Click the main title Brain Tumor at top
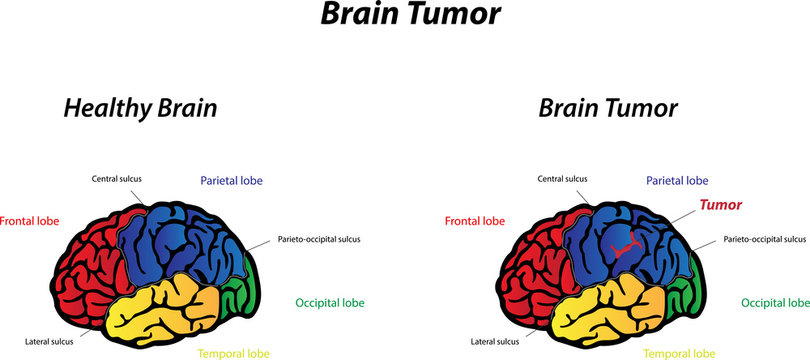coord(404,16)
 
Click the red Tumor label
coord(720,205)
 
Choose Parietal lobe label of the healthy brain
coord(231,181)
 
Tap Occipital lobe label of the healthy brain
coord(330,302)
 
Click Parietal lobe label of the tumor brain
coord(676,181)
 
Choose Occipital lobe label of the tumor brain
coord(775,302)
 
